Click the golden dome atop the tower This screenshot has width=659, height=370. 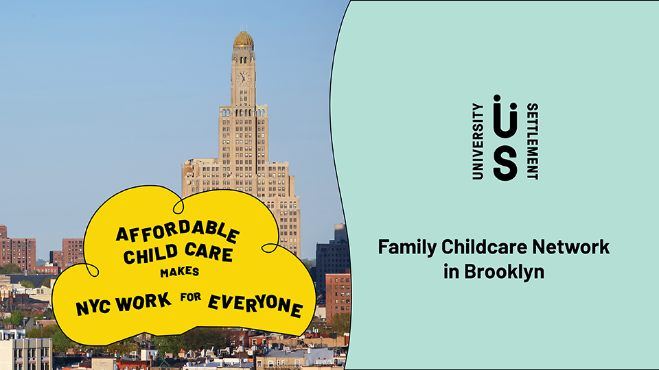244,39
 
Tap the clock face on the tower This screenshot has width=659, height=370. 243,78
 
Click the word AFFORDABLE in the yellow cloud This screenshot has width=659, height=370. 177,232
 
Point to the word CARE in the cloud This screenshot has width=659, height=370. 209,251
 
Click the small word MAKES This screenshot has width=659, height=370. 179,273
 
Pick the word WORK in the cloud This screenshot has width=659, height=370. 143,302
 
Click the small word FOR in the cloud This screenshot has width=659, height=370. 191,297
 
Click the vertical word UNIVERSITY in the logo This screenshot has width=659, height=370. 478,141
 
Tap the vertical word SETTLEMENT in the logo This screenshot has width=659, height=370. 533,141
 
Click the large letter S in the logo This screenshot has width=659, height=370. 505,165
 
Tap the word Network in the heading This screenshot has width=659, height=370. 570,247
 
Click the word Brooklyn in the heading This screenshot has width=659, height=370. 505,272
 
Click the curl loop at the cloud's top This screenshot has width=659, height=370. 178,206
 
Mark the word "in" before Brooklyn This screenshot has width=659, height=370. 452,271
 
